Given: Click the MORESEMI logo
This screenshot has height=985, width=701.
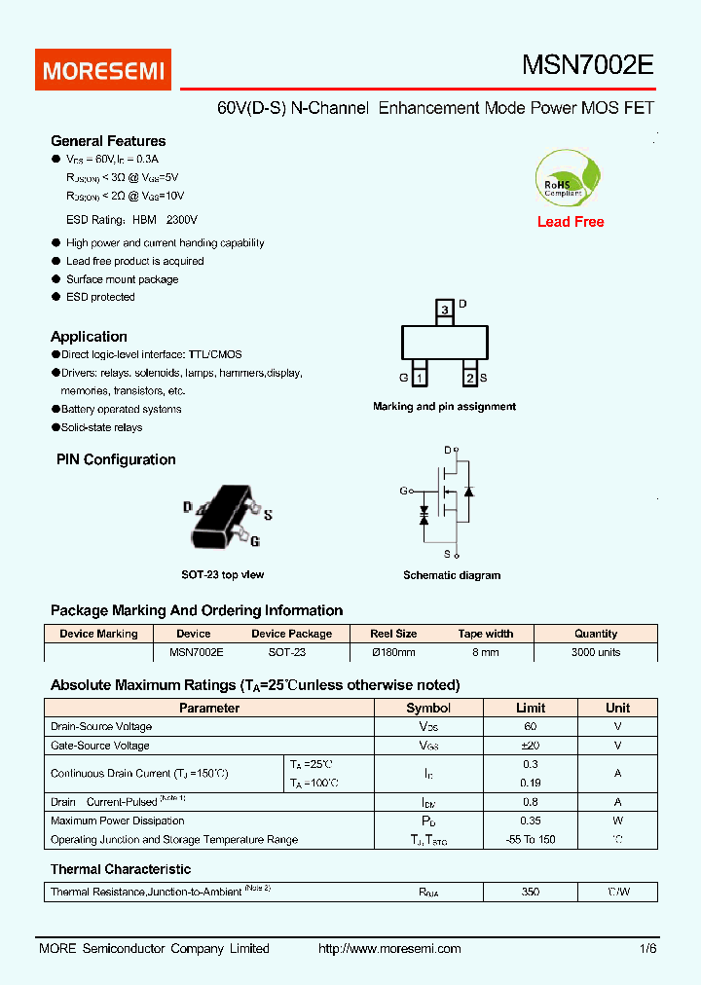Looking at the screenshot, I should (x=103, y=70).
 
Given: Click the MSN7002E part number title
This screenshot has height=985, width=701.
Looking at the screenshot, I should (x=588, y=65).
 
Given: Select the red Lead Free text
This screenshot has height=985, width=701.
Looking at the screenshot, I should (x=571, y=222).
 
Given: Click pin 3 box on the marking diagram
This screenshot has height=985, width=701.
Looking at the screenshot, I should (x=445, y=310).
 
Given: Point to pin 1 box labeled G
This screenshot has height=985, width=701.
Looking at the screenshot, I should (x=419, y=378).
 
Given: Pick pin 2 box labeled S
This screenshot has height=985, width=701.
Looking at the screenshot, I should (x=470, y=378).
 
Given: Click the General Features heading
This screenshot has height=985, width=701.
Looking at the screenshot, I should (x=108, y=141).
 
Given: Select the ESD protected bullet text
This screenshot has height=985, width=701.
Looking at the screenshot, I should (x=100, y=297).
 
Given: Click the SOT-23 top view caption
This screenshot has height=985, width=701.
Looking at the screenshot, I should (x=223, y=574).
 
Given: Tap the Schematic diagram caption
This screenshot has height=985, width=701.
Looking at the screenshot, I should (x=452, y=575).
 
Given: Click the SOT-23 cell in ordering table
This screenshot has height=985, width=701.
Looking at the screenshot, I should (x=287, y=652).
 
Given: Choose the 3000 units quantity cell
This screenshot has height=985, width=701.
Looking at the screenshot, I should (x=596, y=652).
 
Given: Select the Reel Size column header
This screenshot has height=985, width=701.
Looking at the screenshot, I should (x=393, y=634).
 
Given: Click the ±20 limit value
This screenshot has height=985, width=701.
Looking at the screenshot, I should (x=531, y=746).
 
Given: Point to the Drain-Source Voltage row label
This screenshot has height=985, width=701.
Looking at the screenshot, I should (x=101, y=726).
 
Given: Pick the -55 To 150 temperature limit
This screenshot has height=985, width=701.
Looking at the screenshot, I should (x=531, y=839).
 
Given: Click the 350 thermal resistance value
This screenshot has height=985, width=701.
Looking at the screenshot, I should (x=531, y=891).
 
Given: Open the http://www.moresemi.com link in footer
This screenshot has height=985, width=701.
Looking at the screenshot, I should (x=389, y=948).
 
